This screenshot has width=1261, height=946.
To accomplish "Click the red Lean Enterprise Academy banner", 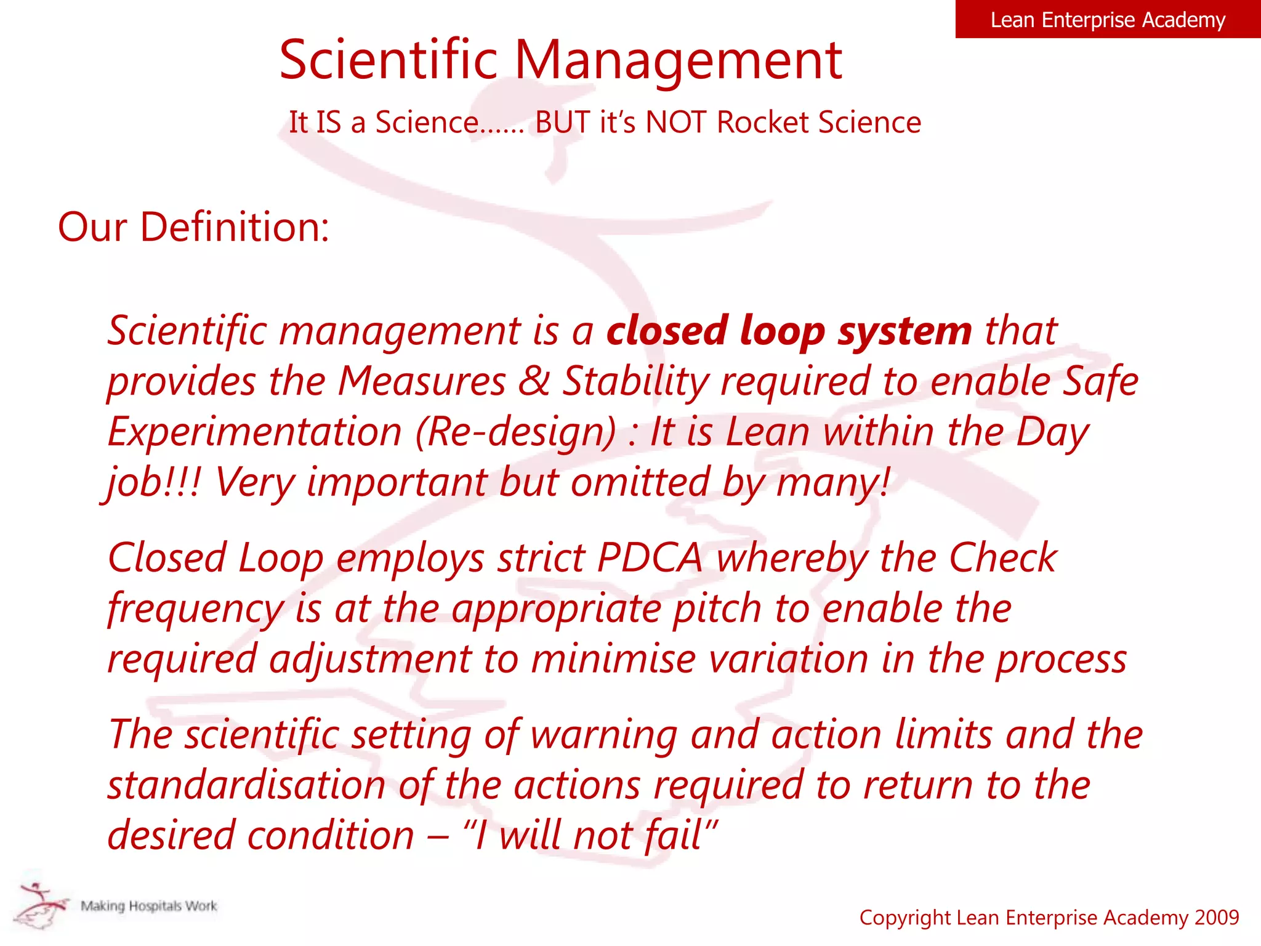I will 1107,20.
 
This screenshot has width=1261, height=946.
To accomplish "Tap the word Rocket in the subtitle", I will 762,122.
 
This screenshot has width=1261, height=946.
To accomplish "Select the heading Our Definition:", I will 193,227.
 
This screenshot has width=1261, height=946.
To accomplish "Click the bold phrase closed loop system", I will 789,331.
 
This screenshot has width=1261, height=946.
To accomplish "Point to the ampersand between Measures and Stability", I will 533,381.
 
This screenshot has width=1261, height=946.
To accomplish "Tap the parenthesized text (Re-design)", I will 515,432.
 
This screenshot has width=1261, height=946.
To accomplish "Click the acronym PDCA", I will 650,558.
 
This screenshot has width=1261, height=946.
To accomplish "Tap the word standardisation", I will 246,786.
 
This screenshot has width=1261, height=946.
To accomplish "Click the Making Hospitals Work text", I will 149,906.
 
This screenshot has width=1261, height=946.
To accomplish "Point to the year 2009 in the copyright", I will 1216,918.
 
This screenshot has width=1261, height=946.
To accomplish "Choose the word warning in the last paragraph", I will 603,735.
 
